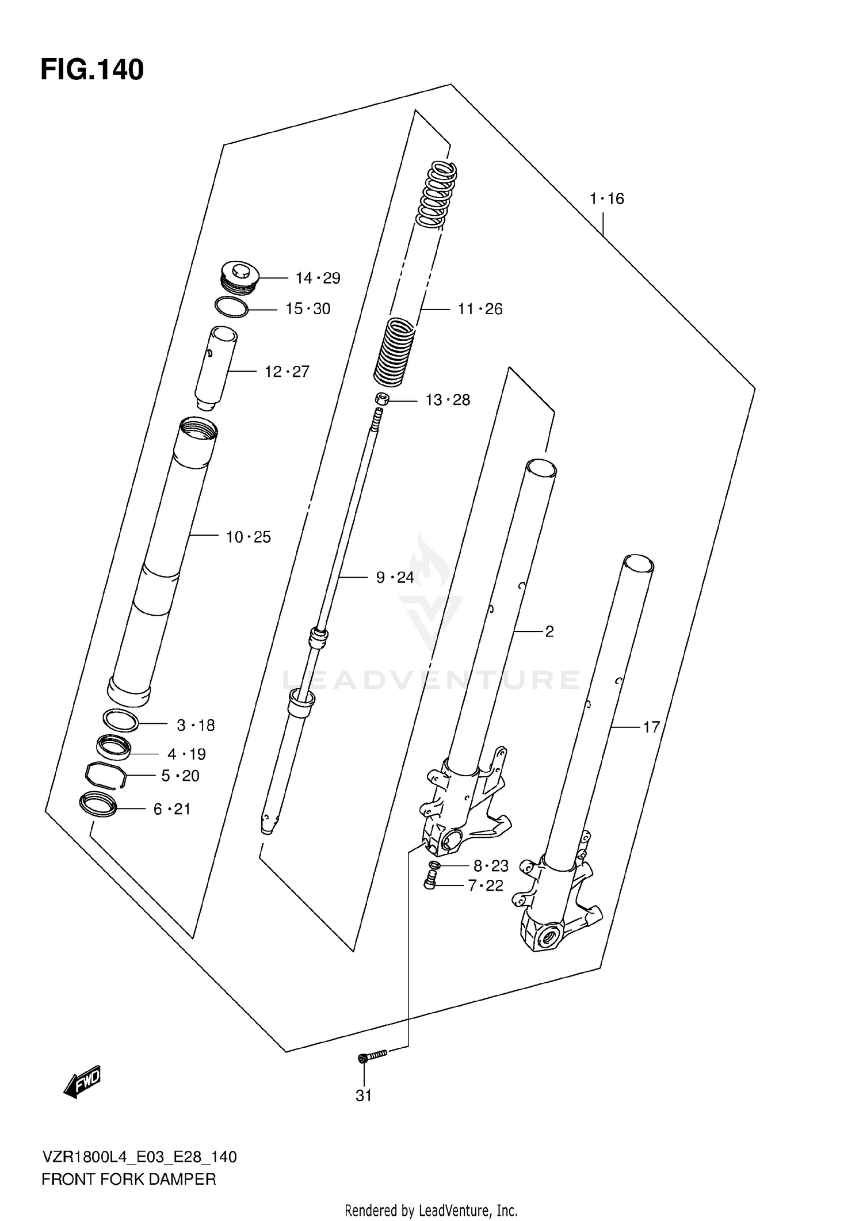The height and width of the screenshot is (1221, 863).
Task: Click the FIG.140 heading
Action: pyautogui.click(x=92, y=70)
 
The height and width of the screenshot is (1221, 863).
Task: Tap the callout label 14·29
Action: pyautogui.click(x=318, y=278)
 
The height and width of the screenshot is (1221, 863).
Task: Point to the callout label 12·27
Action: pyautogui.click(x=287, y=372)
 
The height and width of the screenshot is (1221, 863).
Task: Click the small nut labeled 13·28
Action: pyautogui.click(x=381, y=398)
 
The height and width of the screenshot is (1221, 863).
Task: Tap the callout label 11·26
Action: pyautogui.click(x=480, y=310)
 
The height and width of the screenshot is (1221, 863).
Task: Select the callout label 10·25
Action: pyautogui.click(x=248, y=537)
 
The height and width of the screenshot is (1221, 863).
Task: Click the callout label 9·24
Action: pyautogui.click(x=395, y=577)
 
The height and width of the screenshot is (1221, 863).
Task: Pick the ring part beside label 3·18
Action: pyautogui.click(x=120, y=720)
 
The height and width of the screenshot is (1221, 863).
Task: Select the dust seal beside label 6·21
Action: pyautogui.click(x=98, y=804)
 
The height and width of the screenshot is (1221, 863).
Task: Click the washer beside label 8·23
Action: pyautogui.click(x=434, y=865)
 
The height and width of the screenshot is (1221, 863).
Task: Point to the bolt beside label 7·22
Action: pyautogui.click(x=430, y=880)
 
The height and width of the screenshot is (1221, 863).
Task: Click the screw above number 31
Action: pyautogui.click(x=373, y=1055)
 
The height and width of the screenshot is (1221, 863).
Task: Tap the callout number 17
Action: pyautogui.click(x=651, y=728)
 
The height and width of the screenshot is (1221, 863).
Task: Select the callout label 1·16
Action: pyautogui.click(x=606, y=199)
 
